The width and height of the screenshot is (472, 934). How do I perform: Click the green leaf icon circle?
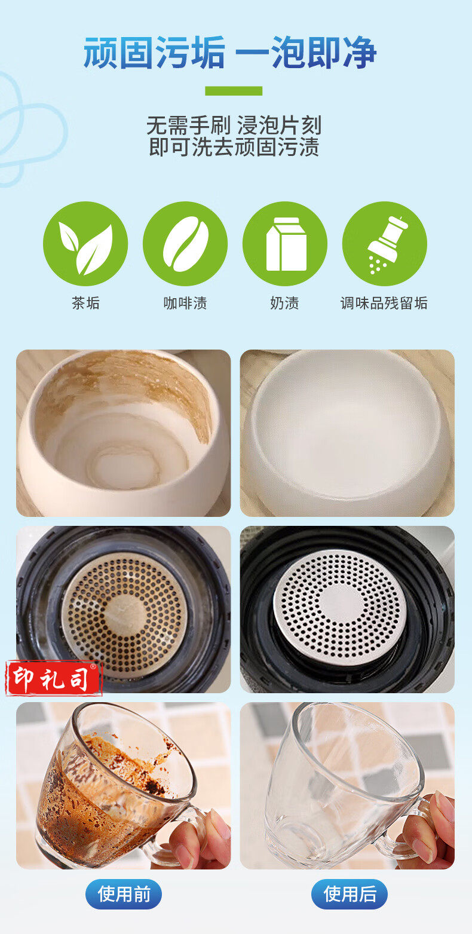(85, 243)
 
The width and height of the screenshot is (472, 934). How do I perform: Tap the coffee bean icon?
(185, 243)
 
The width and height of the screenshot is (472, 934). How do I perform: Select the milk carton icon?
(285, 243)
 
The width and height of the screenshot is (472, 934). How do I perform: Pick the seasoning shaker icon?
(384, 243)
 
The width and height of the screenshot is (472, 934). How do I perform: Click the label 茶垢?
(85, 303)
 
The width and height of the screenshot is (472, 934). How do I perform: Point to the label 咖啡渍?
(185, 303)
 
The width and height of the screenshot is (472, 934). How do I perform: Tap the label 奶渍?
(285, 303)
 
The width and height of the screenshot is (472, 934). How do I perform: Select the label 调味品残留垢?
(384, 303)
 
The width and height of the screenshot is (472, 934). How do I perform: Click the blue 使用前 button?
(124, 894)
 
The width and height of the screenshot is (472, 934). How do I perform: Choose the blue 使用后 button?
(350, 894)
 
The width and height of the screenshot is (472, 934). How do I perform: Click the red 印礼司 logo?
(53, 678)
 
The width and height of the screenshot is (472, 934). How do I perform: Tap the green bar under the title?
(234, 91)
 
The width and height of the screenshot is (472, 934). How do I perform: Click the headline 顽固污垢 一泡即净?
(230, 53)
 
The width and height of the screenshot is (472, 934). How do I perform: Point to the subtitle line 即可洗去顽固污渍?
(234, 147)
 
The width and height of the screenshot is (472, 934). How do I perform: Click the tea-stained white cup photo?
(124, 433)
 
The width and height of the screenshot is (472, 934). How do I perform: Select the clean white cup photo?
(347, 433)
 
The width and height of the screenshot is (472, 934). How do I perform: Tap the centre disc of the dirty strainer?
(125, 614)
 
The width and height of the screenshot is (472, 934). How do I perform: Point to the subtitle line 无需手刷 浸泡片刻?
(234, 125)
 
